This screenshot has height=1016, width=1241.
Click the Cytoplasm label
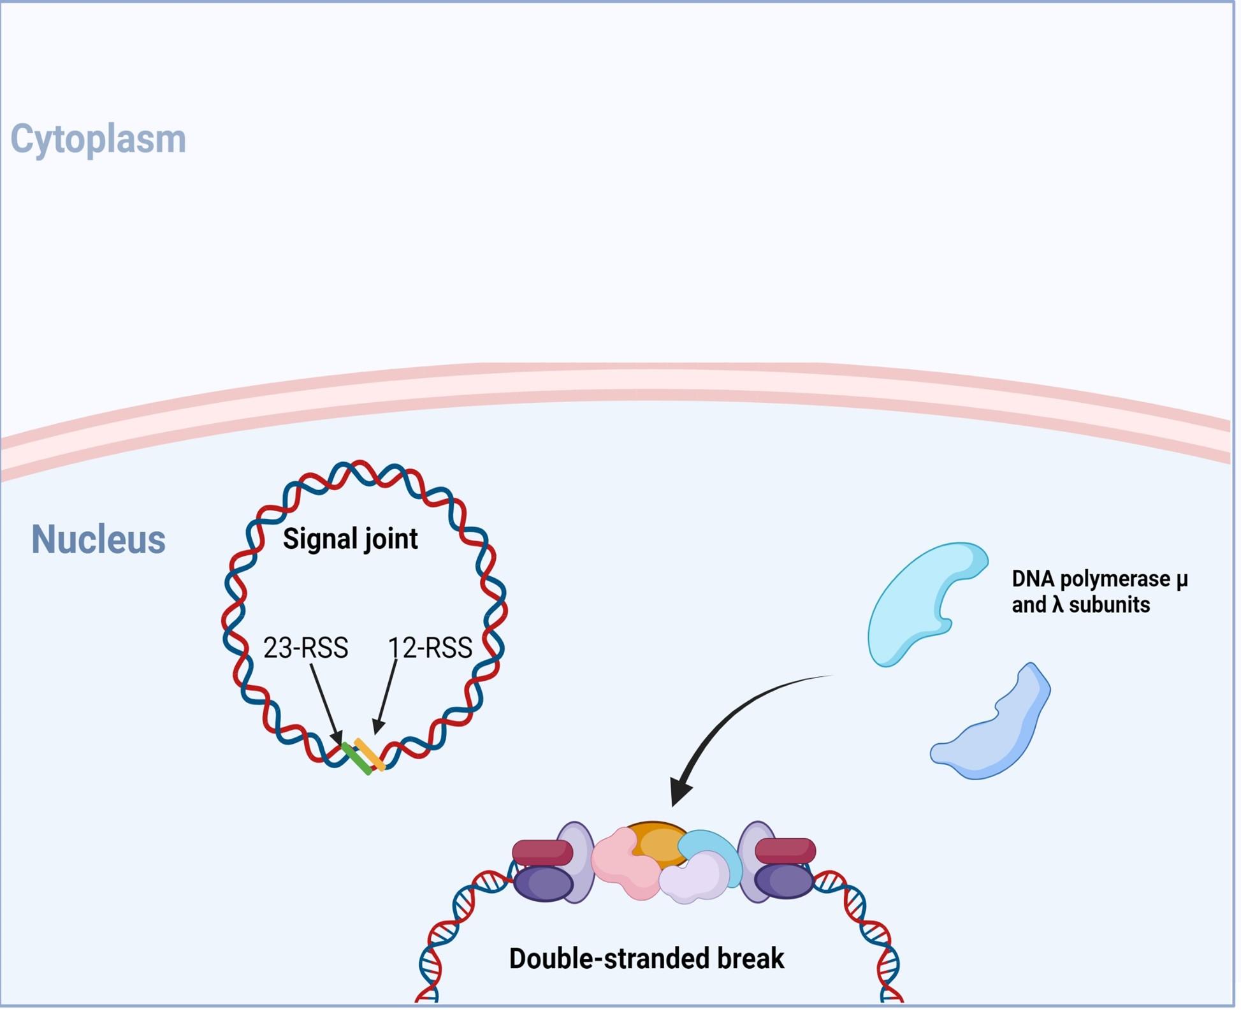click(98, 140)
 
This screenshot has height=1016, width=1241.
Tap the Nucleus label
click(98, 540)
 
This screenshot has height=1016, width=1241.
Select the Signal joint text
click(351, 540)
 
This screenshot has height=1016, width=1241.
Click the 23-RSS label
click(305, 648)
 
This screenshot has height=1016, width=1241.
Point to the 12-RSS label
click(430, 648)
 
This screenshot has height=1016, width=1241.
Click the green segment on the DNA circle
click(357, 759)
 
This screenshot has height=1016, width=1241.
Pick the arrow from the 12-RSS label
click(386, 698)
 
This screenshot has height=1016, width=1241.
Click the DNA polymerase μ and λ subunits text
click(1099, 593)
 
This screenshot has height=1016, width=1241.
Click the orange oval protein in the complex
click(657, 841)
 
